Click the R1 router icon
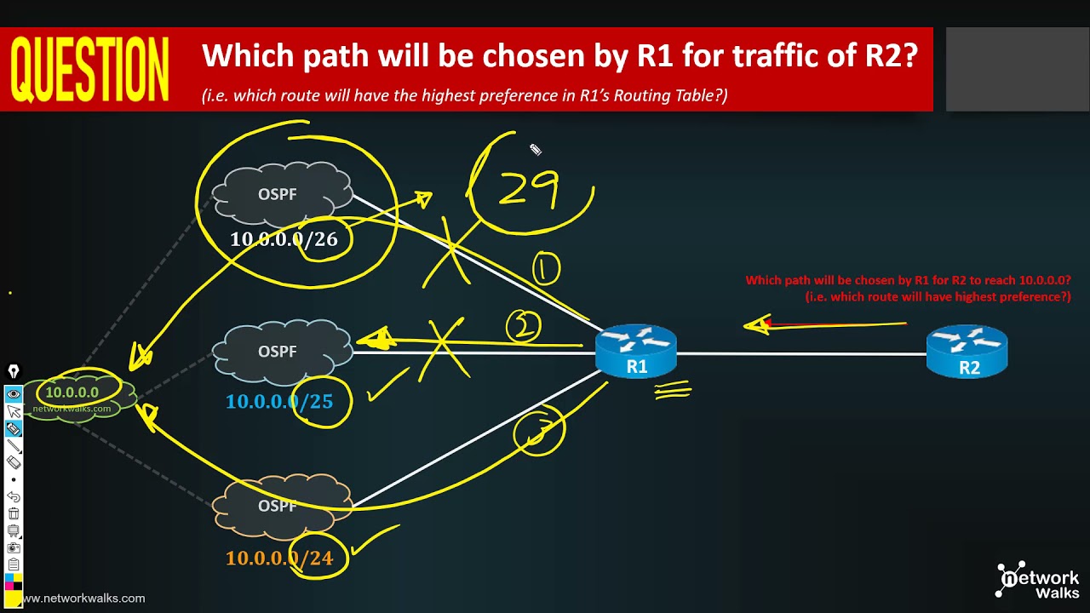point(636,350)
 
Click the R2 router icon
point(967,350)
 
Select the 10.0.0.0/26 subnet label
point(284,239)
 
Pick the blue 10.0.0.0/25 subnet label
point(278,401)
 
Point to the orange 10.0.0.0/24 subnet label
point(278,559)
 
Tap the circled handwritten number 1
point(546,270)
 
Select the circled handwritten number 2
point(523,326)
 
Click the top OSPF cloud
point(281,194)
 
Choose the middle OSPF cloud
point(281,351)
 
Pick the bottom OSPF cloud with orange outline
point(281,507)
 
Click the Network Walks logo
point(1037,581)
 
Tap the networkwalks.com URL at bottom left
point(83,599)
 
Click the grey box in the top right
point(1017,69)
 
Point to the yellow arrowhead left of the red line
point(756,324)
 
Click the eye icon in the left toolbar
point(14,394)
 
